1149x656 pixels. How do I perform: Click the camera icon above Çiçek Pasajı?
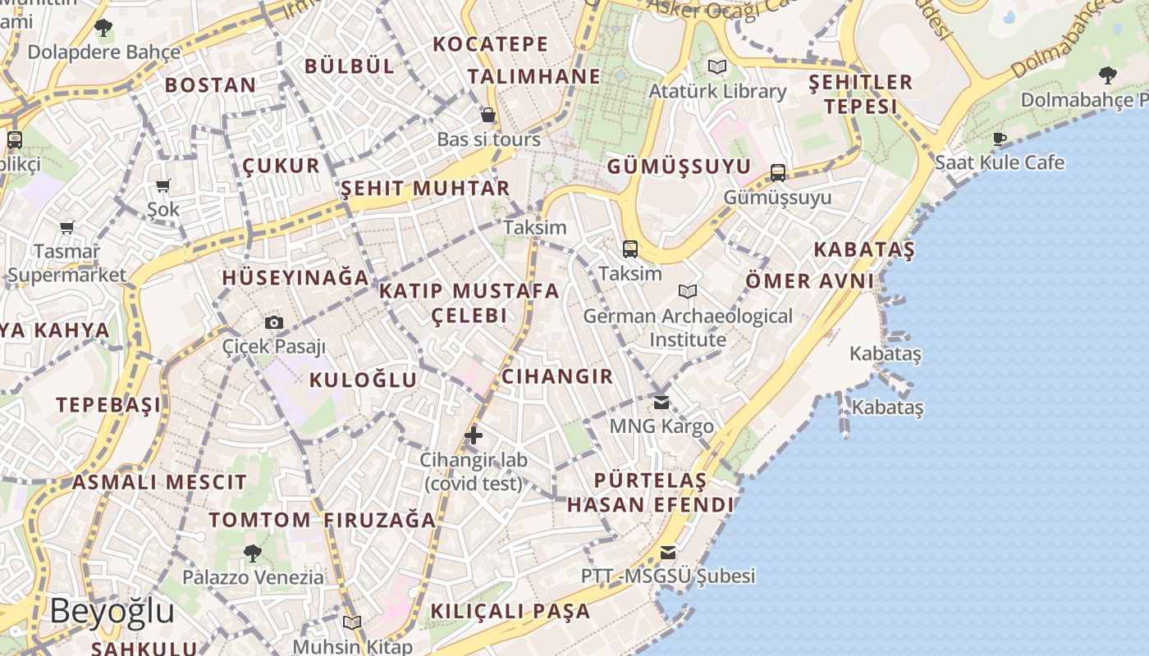pyautogui.click(x=274, y=323)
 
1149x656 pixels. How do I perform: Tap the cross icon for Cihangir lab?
pyautogui.click(x=474, y=435)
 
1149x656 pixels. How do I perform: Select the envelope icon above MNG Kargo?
pyautogui.click(x=661, y=403)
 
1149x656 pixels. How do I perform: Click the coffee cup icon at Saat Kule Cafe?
pyautogui.click(x=1000, y=139)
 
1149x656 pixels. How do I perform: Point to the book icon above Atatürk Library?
pyautogui.click(x=717, y=66)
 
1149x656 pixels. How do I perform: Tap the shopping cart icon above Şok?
pyautogui.click(x=163, y=186)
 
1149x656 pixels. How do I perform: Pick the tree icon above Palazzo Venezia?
pyautogui.click(x=253, y=553)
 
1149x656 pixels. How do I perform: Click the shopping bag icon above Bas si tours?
pyautogui.click(x=488, y=115)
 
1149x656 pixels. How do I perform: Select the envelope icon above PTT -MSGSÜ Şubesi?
pyautogui.click(x=668, y=552)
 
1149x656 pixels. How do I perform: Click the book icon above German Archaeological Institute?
pyautogui.click(x=688, y=291)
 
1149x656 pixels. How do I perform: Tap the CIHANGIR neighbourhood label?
pyautogui.click(x=557, y=376)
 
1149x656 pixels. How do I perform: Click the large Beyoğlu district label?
pyautogui.click(x=112, y=612)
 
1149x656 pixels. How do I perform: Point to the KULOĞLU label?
pyautogui.click(x=363, y=380)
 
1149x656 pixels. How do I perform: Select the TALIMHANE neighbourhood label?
pyautogui.click(x=534, y=77)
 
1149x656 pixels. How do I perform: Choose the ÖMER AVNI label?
pyautogui.click(x=810, y=281)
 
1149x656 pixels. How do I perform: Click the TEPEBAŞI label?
pyautogui.click(x=108, y=404)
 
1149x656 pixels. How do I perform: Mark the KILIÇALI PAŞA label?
pyautogui.click(x=510, y=611)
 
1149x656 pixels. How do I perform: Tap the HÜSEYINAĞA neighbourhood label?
pyautogui.click(x=295, y=277)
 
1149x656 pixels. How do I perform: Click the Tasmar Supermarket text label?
pyautogui.click(x=67, y=263)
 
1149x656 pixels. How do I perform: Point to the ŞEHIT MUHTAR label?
pyautogui.click(x=425, y=189)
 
